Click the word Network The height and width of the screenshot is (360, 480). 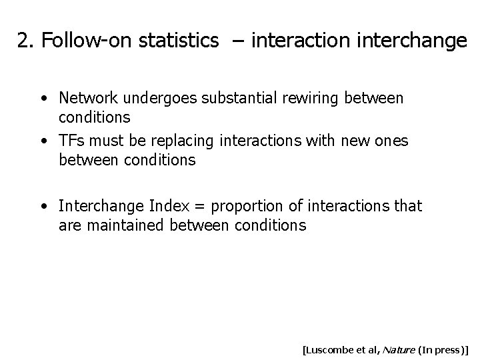pyautogui.click(x=86, y=98)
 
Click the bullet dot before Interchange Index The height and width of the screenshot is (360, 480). pyautogui.click(x=43, y=207)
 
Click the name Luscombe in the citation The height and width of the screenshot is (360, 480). pyautogui.click(x=331, y=348)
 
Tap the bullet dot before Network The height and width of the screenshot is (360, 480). pyautogui.click(x=43, y=99)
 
